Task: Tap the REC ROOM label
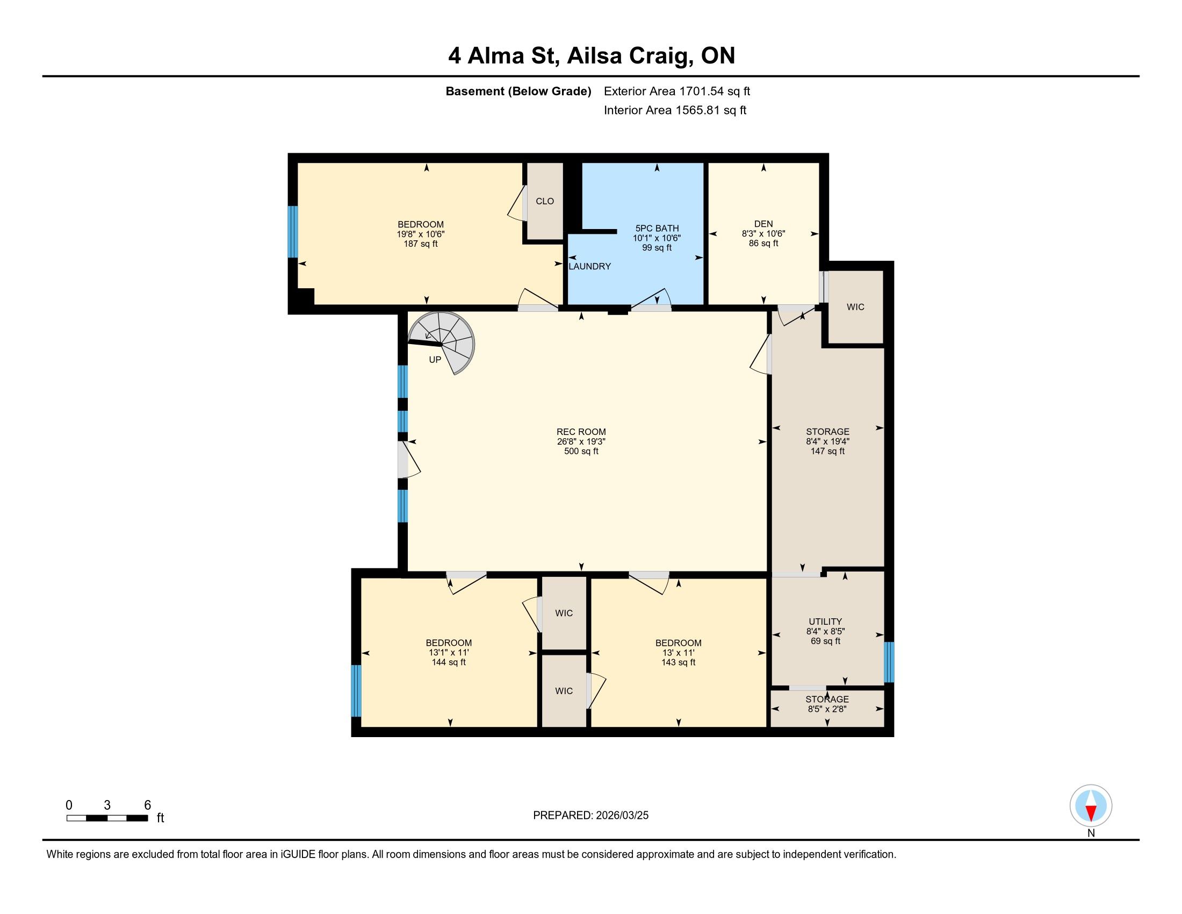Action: click(581, 432)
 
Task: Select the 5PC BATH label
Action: click(657, 228)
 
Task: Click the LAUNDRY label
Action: click(589, 266)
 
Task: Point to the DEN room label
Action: click(763, 224)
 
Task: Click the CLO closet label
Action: click(545, 201)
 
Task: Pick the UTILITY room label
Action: click(825, 622)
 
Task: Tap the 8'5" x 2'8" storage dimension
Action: click(827, 709)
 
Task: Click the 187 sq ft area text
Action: click(421, 244)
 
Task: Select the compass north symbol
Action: click(1091, 805)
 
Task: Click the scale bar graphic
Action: click(107, 818)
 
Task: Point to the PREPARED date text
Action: click(590, 816)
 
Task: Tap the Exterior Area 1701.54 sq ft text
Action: click(676, 91)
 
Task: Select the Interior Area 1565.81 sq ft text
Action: click(675, 110)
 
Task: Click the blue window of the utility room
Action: click(889, 662)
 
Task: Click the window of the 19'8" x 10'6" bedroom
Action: click(293, 232)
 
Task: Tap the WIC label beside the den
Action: click(855, 307)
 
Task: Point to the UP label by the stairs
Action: click(435, 360)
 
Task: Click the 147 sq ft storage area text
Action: click(827, 451)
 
